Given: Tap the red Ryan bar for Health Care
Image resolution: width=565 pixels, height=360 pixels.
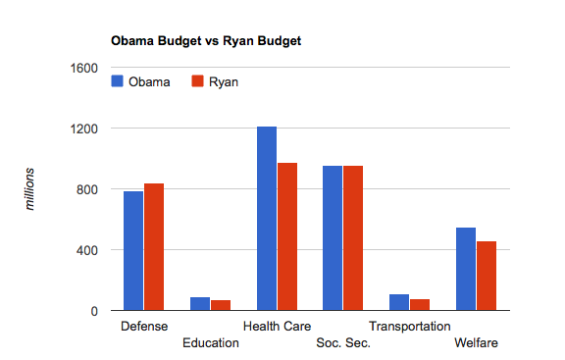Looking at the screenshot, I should (287, 236).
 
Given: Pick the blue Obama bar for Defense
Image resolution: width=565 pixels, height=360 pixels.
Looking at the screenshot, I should (133, 251).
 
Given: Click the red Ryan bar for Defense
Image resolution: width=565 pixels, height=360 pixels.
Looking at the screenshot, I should (154, 247).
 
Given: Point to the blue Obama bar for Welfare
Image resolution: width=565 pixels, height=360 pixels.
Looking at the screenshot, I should (466, 270).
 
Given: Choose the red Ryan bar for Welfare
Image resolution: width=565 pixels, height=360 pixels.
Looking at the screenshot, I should (487, 276).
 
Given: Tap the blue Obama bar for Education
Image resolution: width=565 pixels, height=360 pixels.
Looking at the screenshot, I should (200, 304).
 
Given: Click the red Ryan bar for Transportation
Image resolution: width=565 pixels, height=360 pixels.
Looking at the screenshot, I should (420, 305).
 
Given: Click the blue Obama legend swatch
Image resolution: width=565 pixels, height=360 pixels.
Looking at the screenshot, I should (118, 81).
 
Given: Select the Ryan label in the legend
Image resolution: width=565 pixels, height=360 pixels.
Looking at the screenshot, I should (223, 81).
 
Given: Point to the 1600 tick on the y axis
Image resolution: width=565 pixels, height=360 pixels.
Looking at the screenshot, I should (84, 68).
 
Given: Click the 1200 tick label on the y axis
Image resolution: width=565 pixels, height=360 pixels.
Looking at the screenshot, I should (84, 129).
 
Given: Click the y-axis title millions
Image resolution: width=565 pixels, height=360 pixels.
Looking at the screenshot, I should (31, 189).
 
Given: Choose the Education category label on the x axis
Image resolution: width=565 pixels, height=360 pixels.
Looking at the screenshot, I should (210, 342).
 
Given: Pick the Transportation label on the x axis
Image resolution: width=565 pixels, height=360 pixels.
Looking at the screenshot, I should (410, 326).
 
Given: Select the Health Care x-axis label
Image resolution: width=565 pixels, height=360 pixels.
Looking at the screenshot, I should (277, 326).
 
